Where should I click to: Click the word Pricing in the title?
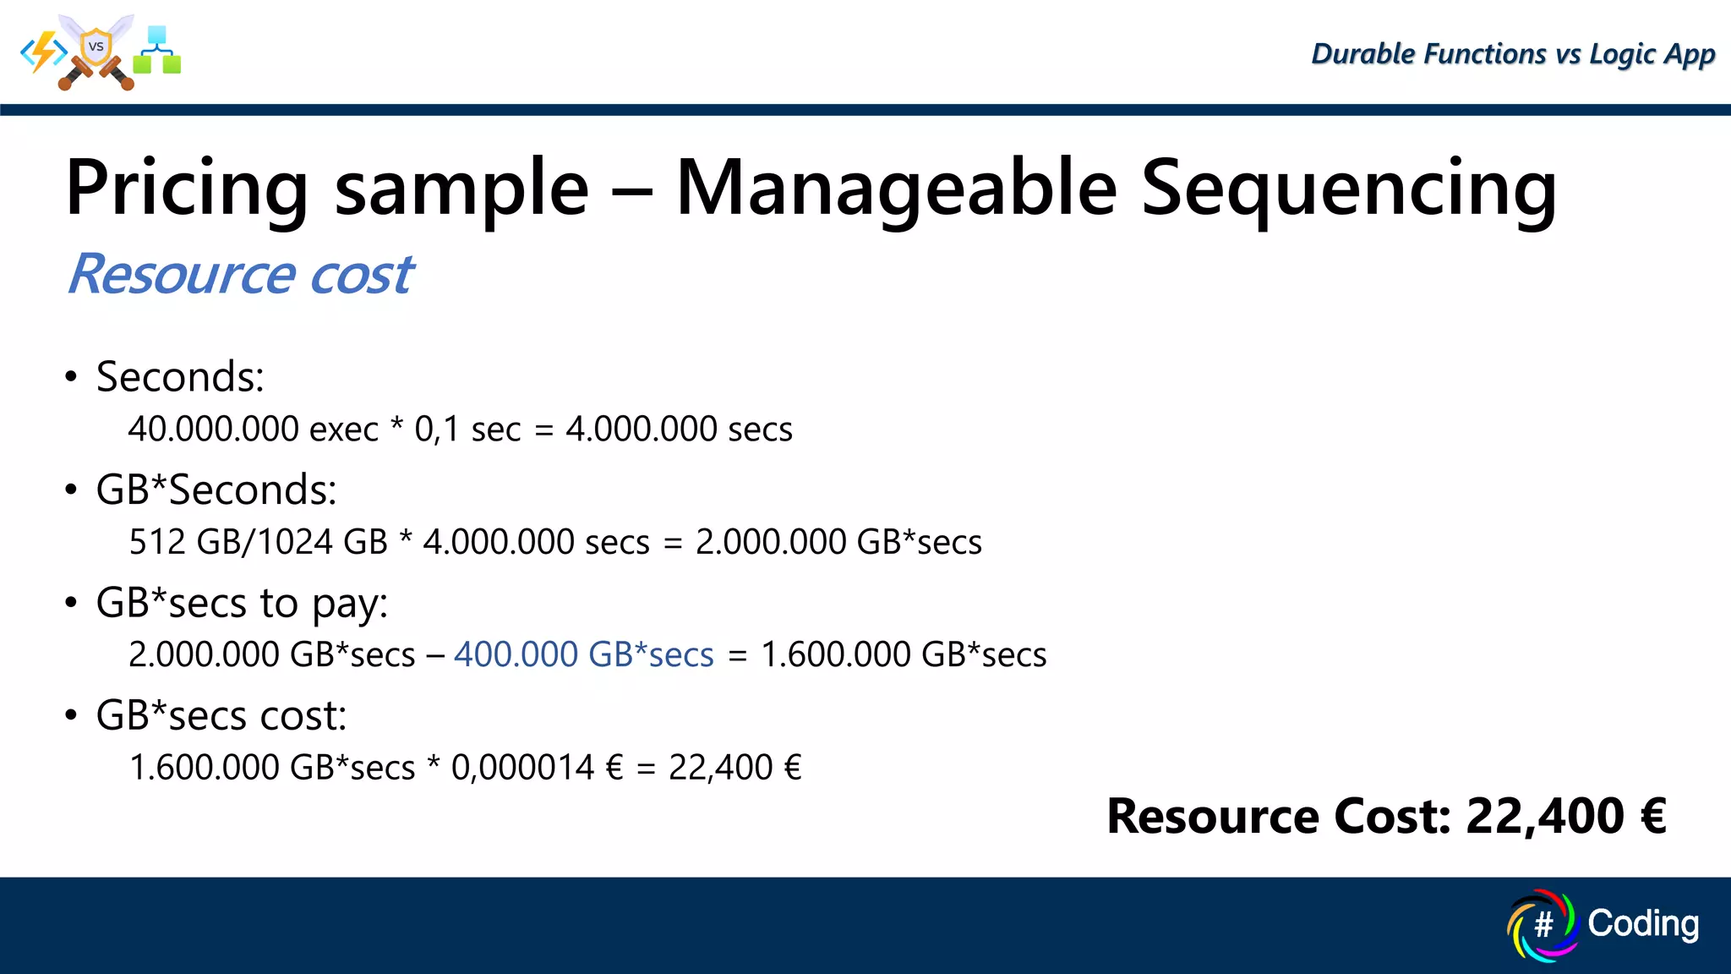pos(187,189)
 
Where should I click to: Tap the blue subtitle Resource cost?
pos(240,274)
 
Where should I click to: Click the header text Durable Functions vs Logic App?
pos(1513,54)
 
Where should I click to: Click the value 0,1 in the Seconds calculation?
pos(436,430)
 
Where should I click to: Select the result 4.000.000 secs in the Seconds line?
pos(679,430)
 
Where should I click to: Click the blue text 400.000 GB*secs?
pos(583,654)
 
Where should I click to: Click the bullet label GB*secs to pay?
pos(242,604)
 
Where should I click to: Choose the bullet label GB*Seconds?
pos(216,490)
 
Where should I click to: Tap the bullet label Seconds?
pos(180,377)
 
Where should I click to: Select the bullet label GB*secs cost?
pos(221,716)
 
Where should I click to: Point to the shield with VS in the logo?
pos(96,47)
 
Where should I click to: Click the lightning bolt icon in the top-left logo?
pos(44,52)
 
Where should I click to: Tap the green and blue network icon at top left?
pos(157,51)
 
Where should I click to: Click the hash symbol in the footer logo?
pos(1543,925)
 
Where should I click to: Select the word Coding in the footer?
pos(1642,923)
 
